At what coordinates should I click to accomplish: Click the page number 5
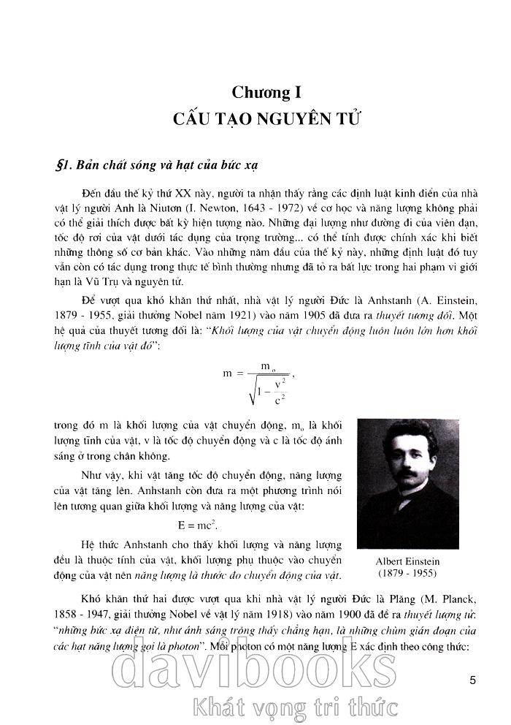click(473, 680)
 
